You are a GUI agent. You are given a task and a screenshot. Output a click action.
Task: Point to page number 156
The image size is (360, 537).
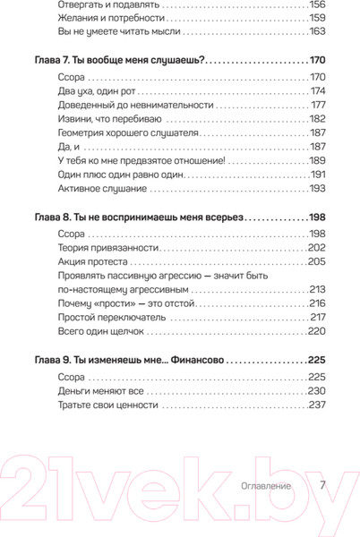pyautogui.click(x=317, y=4)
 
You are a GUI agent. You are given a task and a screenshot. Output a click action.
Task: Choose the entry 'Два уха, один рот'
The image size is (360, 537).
pyautogui.click(x=91, y=90)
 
